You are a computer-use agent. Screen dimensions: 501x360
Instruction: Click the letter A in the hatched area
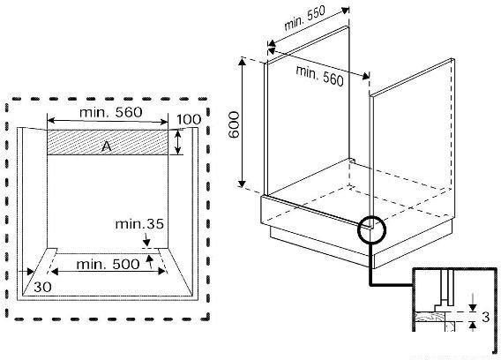pos(107,146)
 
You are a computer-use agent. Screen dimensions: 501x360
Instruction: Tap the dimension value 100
pos(189,120)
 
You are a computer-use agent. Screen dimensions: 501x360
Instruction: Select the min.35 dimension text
pos(139,224)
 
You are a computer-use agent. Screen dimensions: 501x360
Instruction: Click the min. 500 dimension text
pos(108,265)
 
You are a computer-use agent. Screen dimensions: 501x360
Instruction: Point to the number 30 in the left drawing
pos(43,287)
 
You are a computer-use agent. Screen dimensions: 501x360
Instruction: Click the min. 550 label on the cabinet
pos(304,18)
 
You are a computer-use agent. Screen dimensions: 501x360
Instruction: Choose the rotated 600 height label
pos(235,124)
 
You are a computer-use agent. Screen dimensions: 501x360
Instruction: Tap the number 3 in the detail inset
pos(485,317)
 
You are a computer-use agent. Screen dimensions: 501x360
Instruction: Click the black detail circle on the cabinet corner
pos(371,230)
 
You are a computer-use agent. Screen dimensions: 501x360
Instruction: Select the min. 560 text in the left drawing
pos(110,112)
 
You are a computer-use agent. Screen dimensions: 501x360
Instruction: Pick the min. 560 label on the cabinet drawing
pos(320,76)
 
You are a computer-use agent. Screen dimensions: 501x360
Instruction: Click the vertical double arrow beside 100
pos(178,142)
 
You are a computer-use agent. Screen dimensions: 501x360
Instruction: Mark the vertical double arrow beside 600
pos(243,123)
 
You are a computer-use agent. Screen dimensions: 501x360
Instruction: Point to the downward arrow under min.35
pos(146,238)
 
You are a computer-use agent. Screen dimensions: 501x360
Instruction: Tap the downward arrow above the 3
pos(473,301)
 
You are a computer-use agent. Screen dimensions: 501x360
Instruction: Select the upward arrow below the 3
pos(473,326)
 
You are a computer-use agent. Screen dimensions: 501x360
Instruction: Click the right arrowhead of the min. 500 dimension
pos(161,272)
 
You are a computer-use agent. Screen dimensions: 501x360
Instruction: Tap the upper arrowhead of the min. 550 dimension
pos(345,10)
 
